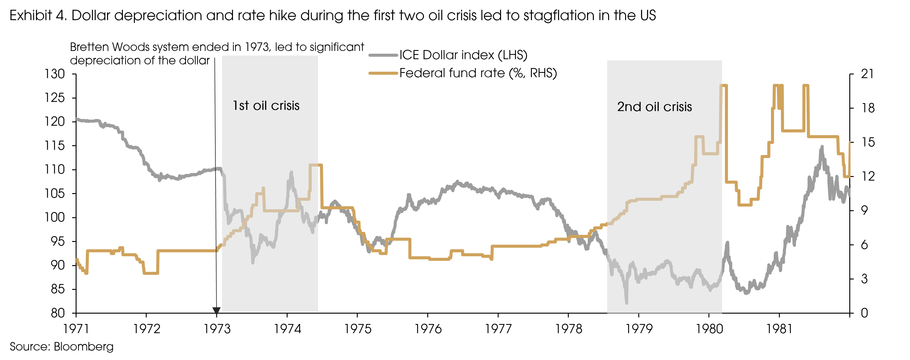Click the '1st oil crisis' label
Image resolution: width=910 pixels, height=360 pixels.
coord(266,106)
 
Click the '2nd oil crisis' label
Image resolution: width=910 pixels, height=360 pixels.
coord(654,107)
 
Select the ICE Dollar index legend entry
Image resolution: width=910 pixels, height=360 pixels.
coord(463,55)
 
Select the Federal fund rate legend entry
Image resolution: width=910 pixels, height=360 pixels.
coord(478,73)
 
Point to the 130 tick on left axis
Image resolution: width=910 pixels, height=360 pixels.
coord(55,74)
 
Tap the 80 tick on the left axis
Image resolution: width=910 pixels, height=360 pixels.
coord(58,313)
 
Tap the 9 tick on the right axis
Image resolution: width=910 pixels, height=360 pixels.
coord(864,211)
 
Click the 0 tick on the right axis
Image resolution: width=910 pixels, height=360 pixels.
coord(864,313)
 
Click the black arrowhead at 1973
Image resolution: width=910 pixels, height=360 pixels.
coord(217,311)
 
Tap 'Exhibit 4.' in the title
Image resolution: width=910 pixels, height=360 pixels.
coord(38,16)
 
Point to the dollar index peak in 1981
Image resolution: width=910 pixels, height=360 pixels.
coord(822,147)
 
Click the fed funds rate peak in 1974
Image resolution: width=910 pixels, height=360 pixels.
coord(315,165)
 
